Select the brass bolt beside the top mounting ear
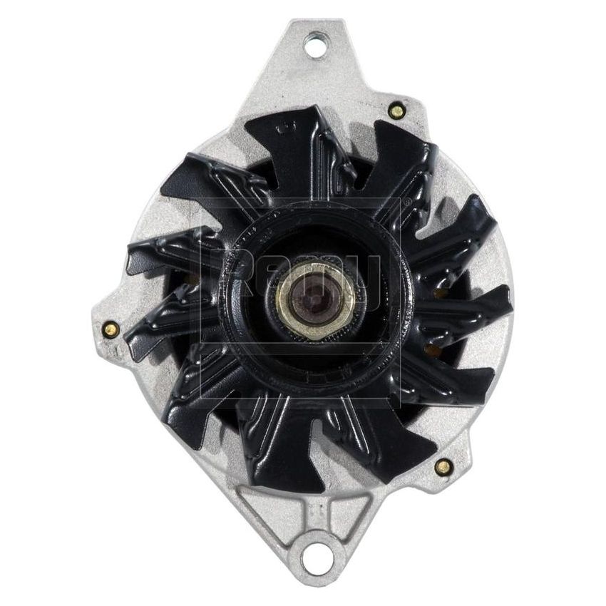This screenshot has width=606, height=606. [x=397, y=111]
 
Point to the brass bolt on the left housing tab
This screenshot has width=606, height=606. [x=110, y=329]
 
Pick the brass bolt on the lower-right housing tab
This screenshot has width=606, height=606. [x=443, y=467]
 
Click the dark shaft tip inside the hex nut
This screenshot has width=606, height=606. [x=311, y=295]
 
